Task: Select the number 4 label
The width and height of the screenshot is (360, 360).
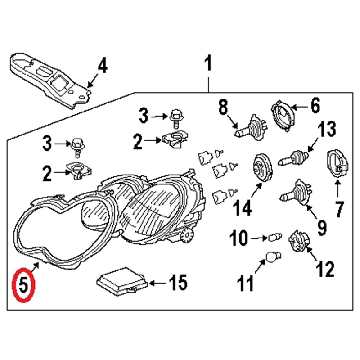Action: pos(103,67)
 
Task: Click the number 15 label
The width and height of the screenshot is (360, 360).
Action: pos(177,283)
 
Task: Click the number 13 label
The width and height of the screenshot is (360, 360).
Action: pos(326,130)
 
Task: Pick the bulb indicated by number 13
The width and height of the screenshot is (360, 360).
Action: pos(292,158)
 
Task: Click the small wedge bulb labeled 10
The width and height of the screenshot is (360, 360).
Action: pos(274,237)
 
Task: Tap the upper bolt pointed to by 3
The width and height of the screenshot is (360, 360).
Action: pos(175,117)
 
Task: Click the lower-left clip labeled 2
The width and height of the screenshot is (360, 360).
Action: pos(76,171)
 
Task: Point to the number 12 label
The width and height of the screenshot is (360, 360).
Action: pos(325,270)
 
